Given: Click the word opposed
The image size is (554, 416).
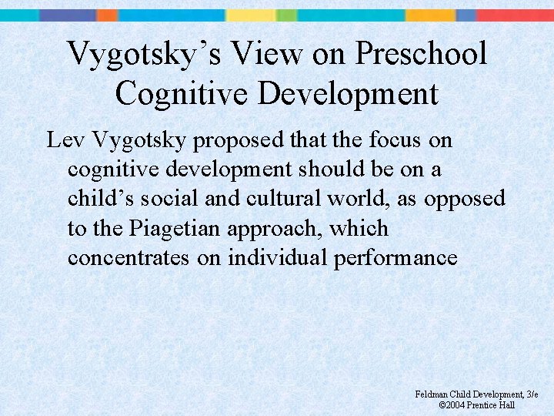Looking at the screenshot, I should click(x=465, y=200).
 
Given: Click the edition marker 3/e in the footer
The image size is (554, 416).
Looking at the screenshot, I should click(x=532, y=394).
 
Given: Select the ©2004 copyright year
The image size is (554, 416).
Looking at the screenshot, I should click(x=452, y=404).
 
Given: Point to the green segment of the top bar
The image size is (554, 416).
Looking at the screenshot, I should click(x=286, y=15).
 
